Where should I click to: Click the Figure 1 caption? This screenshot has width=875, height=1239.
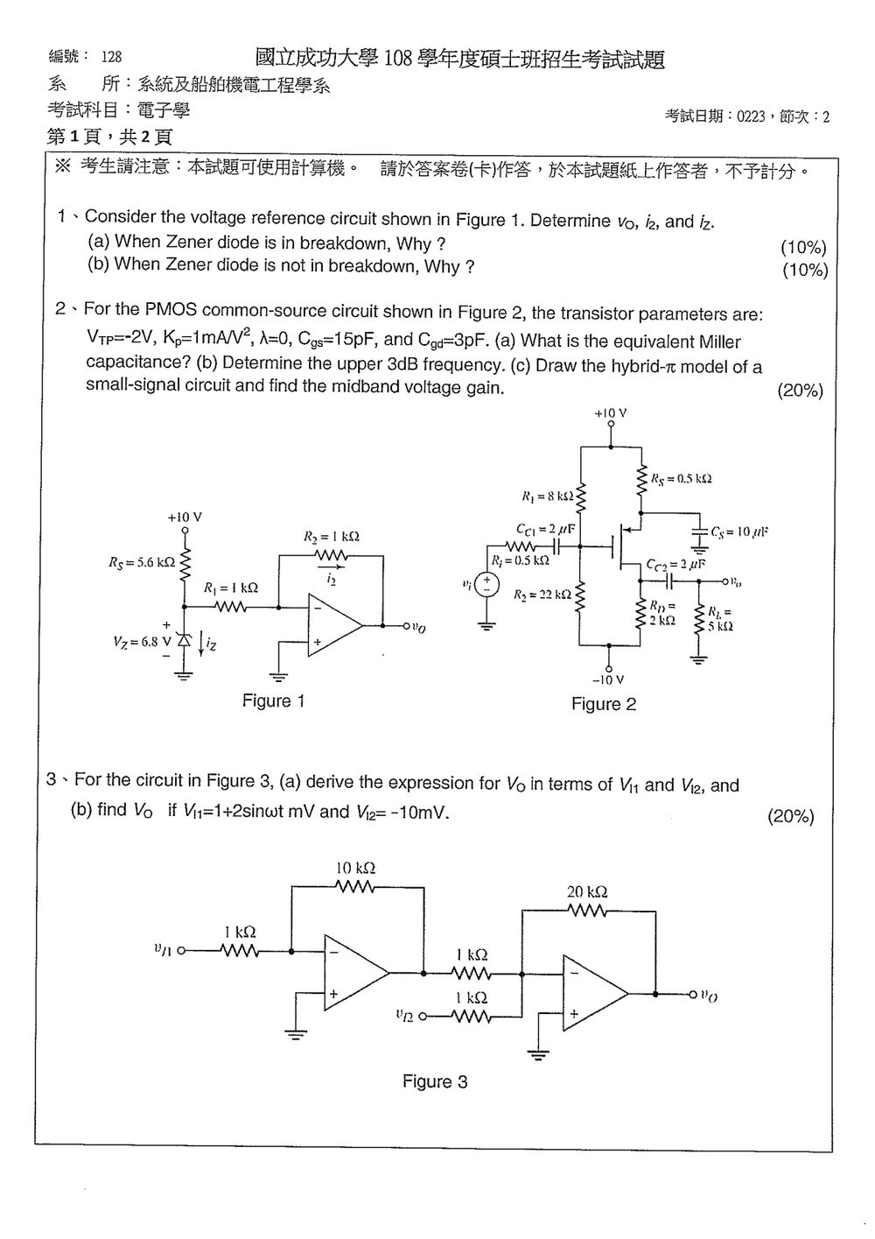click(273, 700)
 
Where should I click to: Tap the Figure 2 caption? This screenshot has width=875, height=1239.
click(604, 704)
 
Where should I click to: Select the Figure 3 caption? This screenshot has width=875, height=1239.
click(435, 1081)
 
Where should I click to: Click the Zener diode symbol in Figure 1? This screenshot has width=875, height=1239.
click(184, 641)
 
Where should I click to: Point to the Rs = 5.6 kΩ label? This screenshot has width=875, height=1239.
click(142, 562)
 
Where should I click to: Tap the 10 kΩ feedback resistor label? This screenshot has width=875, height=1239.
click(355, 868)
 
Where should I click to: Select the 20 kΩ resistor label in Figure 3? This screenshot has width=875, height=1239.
click(587, 891)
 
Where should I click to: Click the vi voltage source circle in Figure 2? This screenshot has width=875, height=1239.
click(487, 584)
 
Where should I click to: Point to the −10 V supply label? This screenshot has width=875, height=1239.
click(608, 679)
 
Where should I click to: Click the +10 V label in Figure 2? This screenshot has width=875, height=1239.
click(610, 413)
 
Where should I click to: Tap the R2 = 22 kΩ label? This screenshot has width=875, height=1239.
click(542, 595)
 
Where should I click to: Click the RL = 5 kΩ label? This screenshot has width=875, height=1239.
click(720, 619)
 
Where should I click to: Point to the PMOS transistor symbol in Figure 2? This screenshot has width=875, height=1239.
click(625, 546)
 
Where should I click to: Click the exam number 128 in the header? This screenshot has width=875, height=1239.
click(111, 56)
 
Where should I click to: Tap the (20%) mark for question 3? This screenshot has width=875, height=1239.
click(790, 816)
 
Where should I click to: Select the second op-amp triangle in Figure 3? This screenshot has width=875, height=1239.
click(595, 994)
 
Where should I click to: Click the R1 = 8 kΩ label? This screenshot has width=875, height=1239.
click(548, 496)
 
